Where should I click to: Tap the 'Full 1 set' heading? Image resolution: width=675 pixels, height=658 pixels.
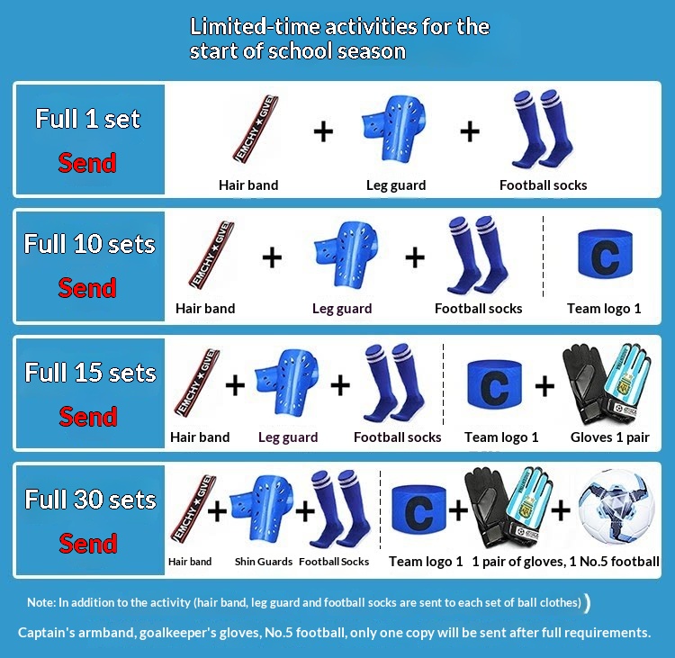[x=88, y=119]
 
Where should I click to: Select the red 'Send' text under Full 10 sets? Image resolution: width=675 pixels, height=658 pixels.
[x=87, y=288]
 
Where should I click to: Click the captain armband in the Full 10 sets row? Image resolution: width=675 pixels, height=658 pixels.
[x=606, y=255]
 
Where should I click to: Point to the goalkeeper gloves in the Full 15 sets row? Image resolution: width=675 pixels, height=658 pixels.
[x=607, y=384]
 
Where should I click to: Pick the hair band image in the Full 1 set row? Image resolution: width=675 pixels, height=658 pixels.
[x=256, y=130]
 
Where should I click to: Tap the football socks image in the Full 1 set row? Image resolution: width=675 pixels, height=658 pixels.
[x=543, y=130]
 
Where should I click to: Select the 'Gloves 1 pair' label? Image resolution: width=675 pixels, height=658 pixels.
[x=609, y=437]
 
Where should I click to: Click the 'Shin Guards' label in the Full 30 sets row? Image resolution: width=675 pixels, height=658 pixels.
[x=264, y=562]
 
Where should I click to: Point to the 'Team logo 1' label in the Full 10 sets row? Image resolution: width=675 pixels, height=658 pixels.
[x=604, y=309]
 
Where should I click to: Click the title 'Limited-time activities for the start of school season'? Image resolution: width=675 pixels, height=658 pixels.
[x=339, y=39]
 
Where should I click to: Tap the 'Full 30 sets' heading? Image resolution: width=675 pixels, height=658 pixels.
[x=90, y=499]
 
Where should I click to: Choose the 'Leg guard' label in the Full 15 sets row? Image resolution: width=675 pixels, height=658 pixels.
[x=288, y=437]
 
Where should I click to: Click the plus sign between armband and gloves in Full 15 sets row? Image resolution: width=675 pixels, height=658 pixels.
[x=544, y=385]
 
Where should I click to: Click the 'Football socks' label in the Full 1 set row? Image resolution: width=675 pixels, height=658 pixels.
[x=544, y=185]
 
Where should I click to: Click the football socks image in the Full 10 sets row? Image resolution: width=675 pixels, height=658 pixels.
[x=478, y=255]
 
